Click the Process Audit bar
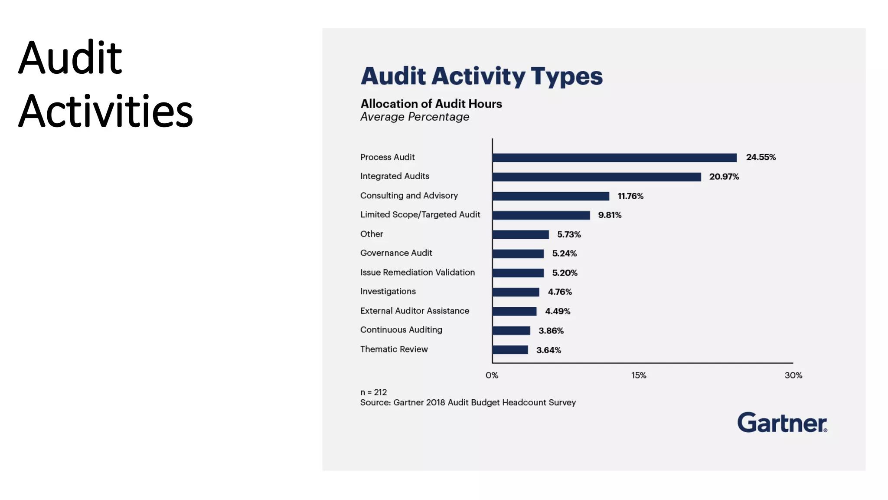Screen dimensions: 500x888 [614, 158]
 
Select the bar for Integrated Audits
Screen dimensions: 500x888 [597, 177]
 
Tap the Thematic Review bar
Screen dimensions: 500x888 [510, 350]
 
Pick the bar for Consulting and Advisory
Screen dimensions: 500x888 [551, 196]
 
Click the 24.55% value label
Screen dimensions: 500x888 [761, 157]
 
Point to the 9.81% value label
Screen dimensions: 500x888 [610, 215]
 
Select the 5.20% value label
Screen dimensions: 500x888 [565, 273]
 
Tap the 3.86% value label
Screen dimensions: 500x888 [551, 331]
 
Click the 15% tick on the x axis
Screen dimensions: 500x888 [638, 375]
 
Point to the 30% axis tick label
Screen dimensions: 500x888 [793, 375]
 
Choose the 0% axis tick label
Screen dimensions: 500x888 [492, 375]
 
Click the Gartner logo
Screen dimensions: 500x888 [782, 423]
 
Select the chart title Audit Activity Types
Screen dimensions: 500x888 [481, 76]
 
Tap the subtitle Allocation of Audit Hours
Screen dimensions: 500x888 [431, 104]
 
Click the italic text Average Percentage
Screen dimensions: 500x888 [415, 117]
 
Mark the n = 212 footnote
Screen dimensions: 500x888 [373, 392]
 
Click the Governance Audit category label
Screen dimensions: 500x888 [396, 253]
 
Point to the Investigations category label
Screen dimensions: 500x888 [388, 292]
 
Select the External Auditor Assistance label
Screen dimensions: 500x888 [415, 311]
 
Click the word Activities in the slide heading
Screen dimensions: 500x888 [105, 112]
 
